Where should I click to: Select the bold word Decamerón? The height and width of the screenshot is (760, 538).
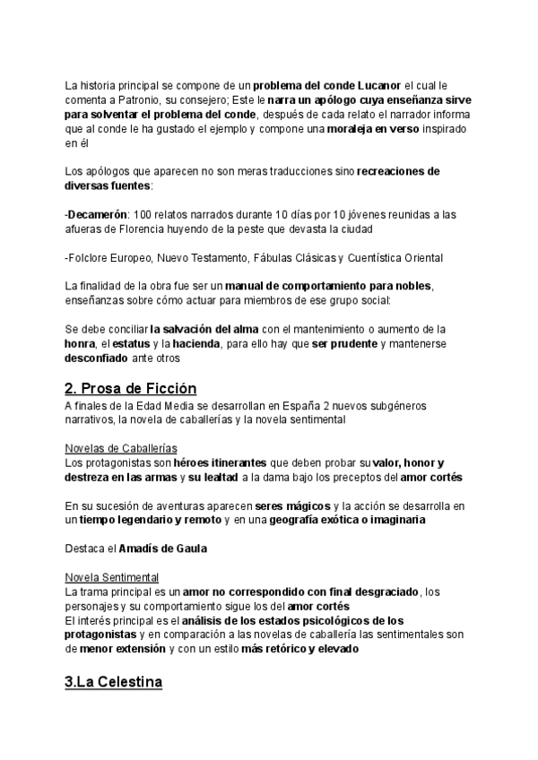coord(98,214)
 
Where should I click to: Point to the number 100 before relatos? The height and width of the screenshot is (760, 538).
coord(153,214)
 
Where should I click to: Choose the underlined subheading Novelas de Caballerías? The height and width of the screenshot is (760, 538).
coord(120,447)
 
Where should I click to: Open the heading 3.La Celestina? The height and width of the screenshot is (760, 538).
coord(113,683)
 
